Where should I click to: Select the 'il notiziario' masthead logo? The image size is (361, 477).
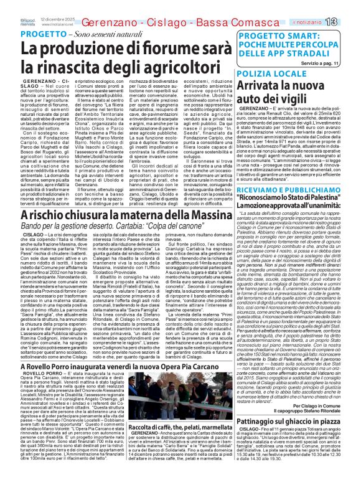pyautogui.click(x=317, y=23)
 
